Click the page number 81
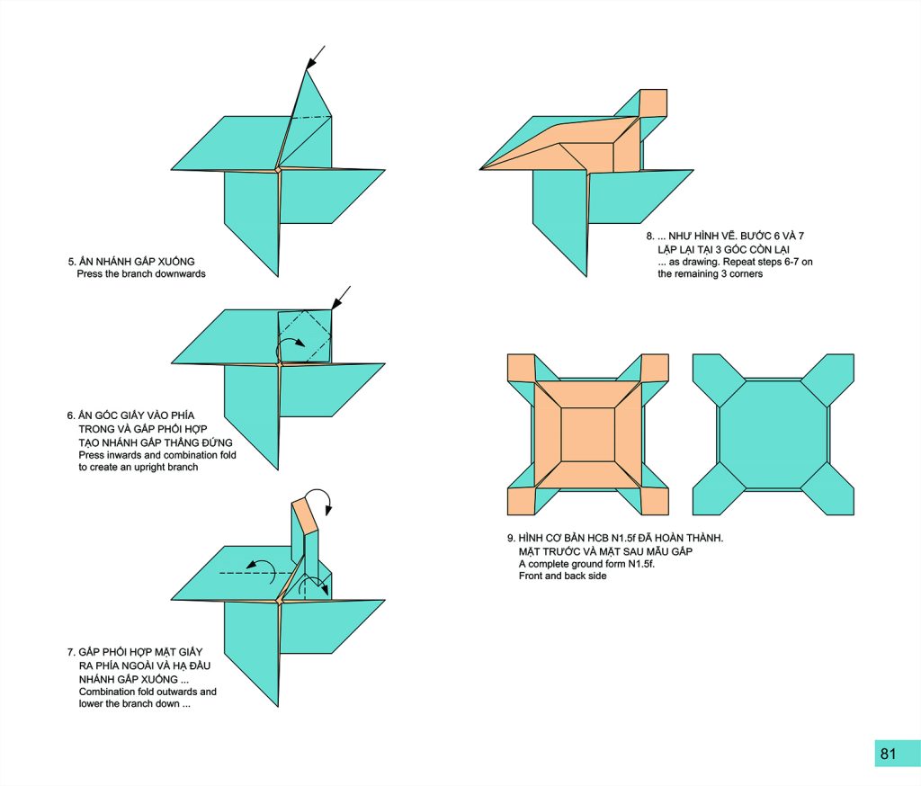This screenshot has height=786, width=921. point(888,754)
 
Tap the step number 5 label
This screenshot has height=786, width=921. point(72,262)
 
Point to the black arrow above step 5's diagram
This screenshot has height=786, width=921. point(316,58)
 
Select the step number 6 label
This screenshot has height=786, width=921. point(70,415)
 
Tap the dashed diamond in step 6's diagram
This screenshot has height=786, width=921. point(305,336)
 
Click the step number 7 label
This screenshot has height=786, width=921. point(70,652)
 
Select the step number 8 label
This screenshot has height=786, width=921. point(650,237)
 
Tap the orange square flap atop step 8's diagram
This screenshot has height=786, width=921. point(653,103)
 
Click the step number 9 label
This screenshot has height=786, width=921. point(511,538)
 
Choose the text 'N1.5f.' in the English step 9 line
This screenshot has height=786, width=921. point(642,564)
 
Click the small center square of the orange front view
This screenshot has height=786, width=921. point(588,434)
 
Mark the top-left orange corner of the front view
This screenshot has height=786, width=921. point(521,368)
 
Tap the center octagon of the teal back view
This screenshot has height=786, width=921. point(773,434)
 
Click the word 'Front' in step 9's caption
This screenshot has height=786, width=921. point(531,576)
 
